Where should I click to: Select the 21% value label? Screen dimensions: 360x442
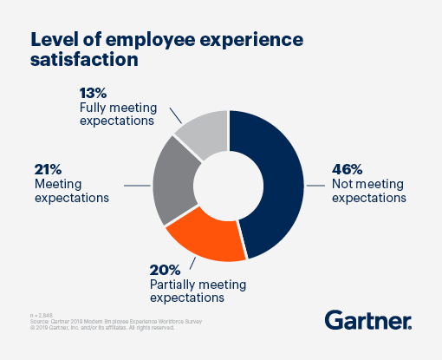click(50, 169)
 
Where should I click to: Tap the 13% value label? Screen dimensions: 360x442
click(93, 93)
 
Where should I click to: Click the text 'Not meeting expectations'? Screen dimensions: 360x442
click(368, 190)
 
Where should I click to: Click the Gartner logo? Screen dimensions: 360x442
click(368, 320)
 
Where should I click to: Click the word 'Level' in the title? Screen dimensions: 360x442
click(57, 39)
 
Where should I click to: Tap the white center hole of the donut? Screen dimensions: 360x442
click(228, 183)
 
